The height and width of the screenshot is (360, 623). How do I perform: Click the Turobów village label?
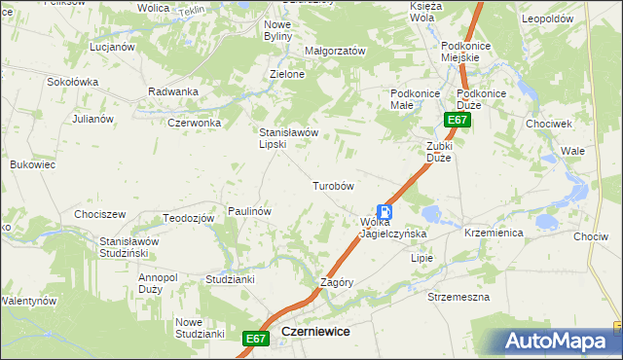tap(332, 185)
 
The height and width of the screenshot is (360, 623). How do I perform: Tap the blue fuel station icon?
tap(386, 211)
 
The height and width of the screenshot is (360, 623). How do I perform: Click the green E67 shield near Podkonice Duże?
tap(458, 120)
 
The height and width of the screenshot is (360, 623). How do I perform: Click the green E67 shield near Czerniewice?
tap(255, 338)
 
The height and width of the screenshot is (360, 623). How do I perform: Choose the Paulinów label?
tap(248, 210)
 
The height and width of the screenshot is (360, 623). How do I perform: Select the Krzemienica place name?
tap(494, 234)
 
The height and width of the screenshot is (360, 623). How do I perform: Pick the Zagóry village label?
tap(336, 282)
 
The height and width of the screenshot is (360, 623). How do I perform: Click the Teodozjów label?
tap(188, 218)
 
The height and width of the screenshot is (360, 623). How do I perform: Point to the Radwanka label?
tap(173, 91)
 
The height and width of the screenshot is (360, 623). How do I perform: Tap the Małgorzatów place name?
tap(335, 51)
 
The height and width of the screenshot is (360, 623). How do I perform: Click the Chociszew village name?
tap(100, 214)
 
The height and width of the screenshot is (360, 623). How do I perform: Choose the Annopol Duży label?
tap(158, 283)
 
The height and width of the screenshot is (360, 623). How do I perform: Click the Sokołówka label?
tap(73, 82)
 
